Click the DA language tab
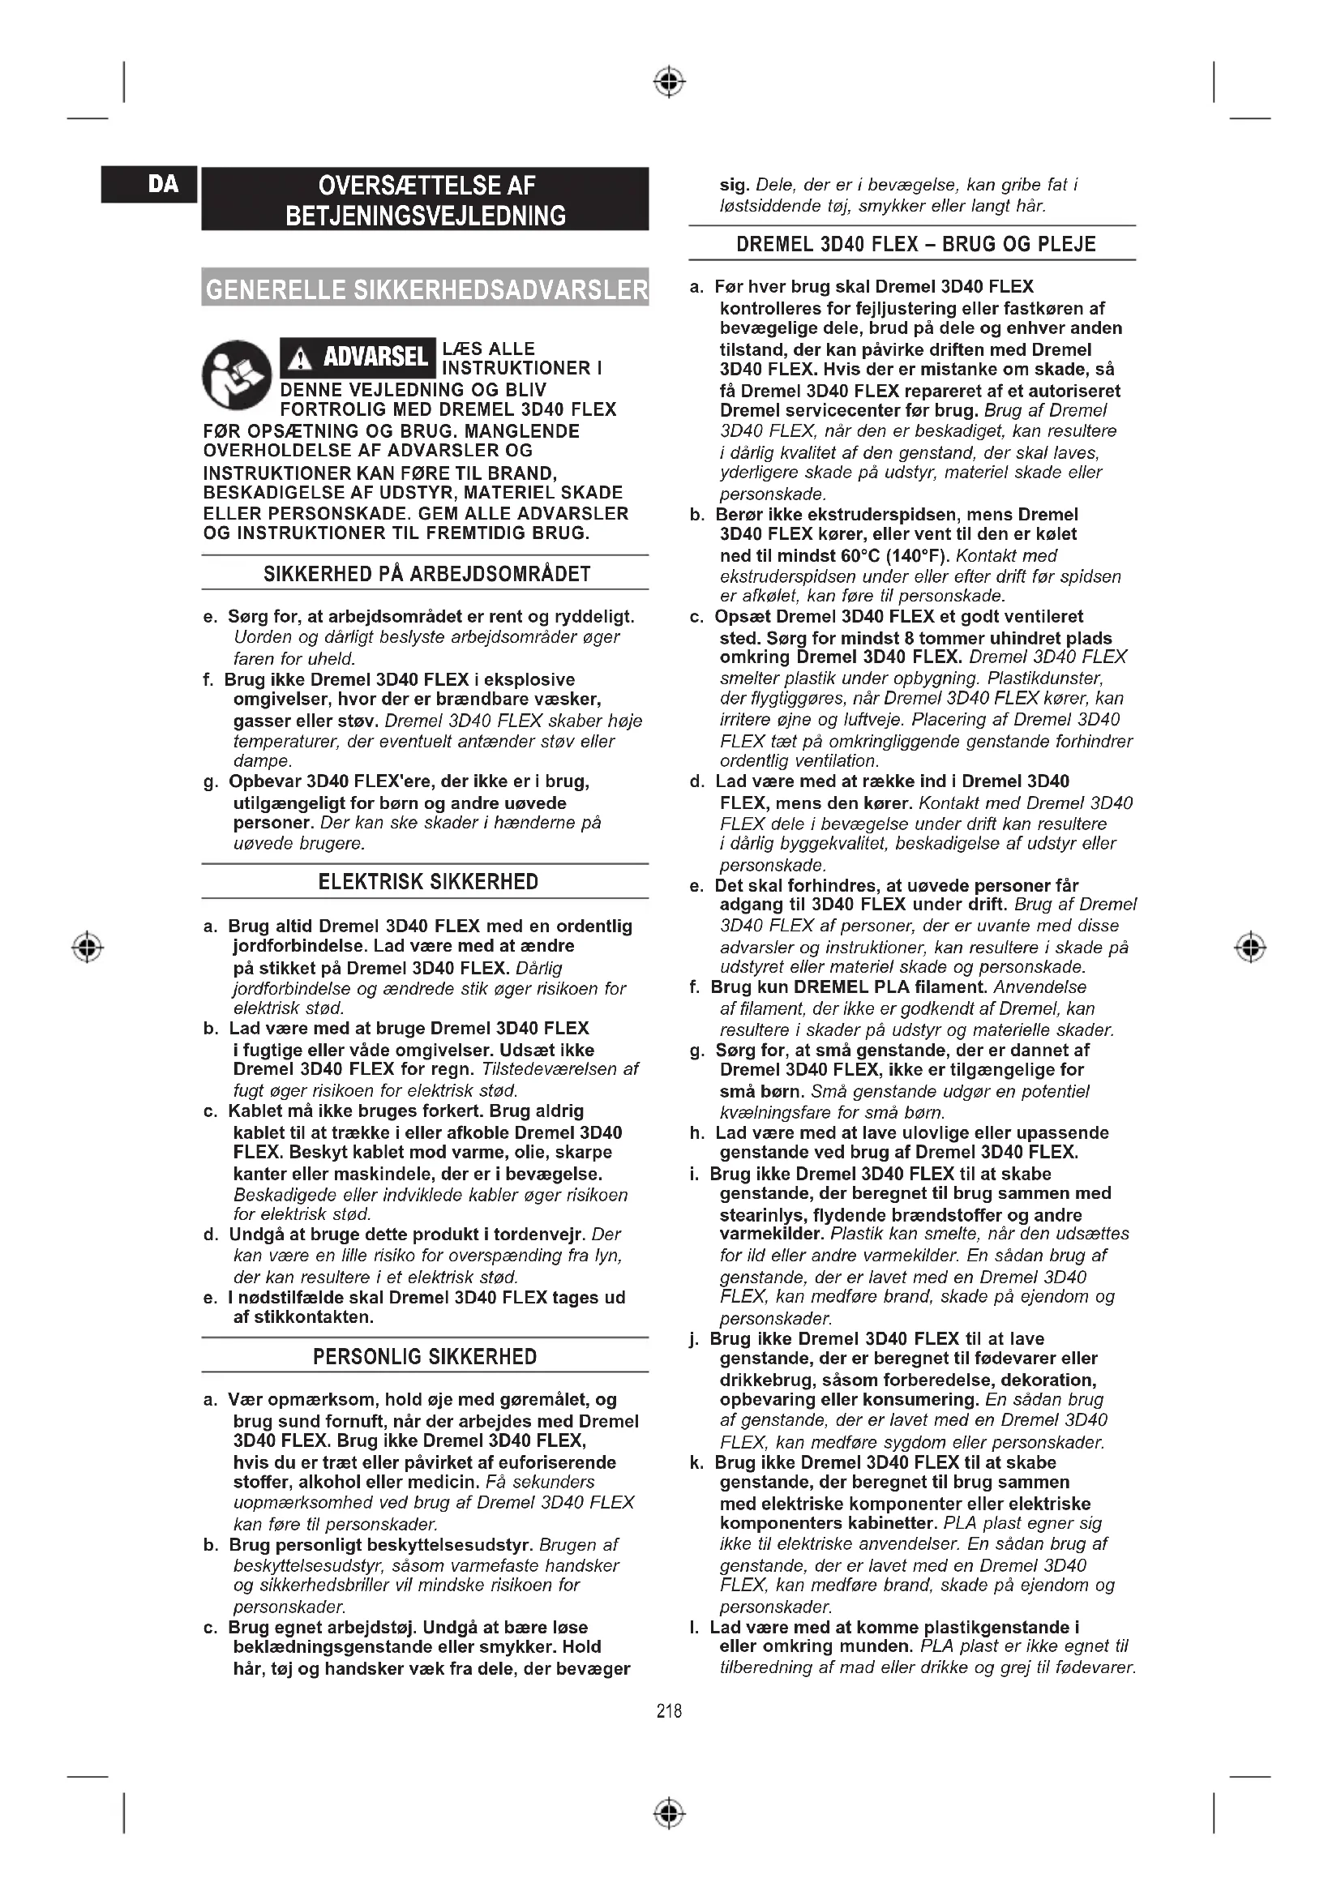point(164,184)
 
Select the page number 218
point(669,1711)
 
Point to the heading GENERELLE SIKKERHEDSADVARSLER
point(426,289)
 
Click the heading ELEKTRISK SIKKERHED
point(428,882)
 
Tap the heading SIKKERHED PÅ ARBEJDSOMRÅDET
point(427,574)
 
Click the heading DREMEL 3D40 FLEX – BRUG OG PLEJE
point(915,245)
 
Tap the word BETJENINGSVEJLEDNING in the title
point(426,216)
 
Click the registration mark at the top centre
point(670,82)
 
